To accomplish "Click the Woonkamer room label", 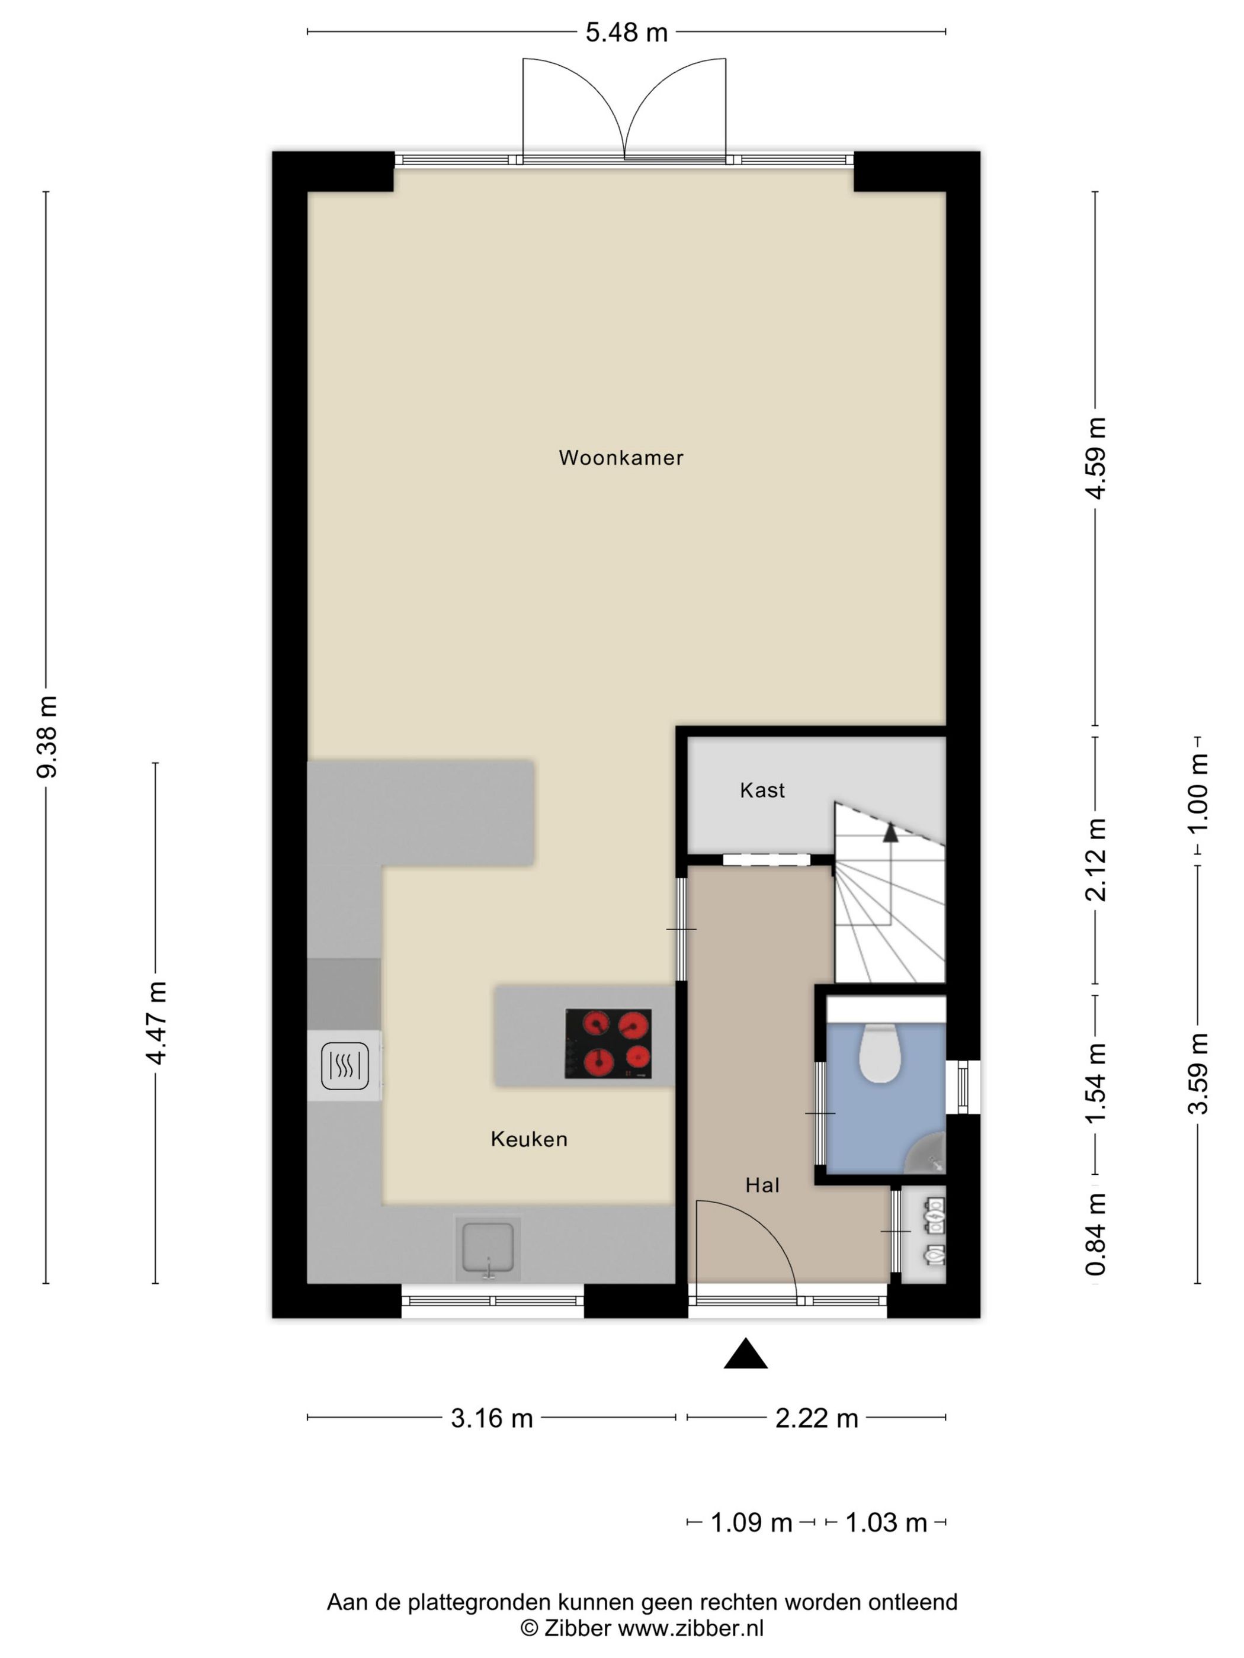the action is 621,458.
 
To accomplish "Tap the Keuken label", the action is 528,1139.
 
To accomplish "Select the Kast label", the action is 762,790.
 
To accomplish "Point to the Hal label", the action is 762,1185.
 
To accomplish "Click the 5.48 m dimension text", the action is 626,33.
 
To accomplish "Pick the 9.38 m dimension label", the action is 47,737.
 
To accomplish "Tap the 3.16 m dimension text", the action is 491,1418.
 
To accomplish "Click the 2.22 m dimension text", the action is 816,1418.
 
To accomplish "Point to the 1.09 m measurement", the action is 751,1523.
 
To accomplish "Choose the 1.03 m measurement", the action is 886,1523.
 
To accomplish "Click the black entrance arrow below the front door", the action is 745,1353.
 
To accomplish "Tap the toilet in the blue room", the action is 879,1052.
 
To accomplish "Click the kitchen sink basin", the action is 488,1248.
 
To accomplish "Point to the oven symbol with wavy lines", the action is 344,1066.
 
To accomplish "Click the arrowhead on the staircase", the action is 890,831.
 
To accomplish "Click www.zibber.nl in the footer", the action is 691,1627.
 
